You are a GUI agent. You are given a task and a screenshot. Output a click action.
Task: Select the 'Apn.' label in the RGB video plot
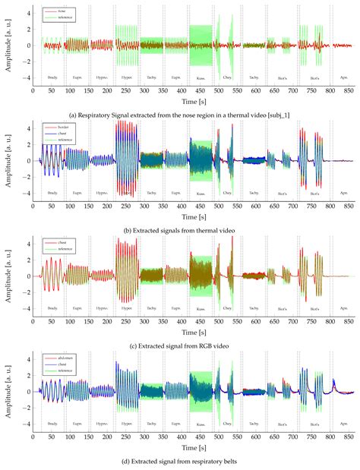[343, 308]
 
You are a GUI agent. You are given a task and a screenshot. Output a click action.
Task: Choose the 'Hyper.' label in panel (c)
[126, 308]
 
